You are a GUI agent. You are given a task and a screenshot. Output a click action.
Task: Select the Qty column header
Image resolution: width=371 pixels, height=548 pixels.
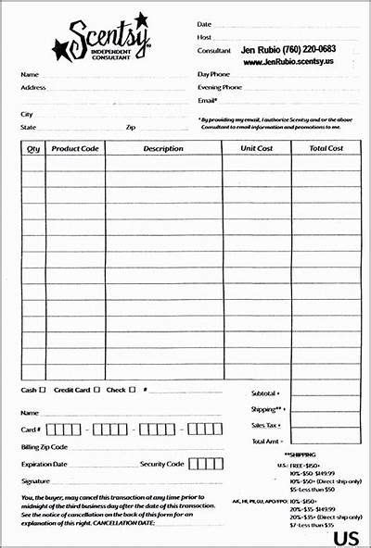click(x=33, y=148)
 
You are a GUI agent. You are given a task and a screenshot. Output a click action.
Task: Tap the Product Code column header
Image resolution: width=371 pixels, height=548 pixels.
click(x=75, y=148)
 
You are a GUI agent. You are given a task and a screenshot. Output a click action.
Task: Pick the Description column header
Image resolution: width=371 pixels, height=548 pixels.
click(x=163, y=148)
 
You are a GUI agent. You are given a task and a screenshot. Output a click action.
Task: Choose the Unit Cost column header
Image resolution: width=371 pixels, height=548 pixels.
click(x=256, y=148)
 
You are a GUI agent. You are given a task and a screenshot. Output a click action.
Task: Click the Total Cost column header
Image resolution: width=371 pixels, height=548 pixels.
click(x=326, y=148)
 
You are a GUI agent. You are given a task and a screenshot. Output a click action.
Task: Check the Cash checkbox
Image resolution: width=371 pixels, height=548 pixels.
click(x=43, y=390)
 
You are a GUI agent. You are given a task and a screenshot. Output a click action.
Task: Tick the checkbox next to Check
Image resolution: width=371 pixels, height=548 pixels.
click(x=133, y=390)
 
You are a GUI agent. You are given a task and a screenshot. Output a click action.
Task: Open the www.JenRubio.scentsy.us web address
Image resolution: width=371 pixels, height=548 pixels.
click(x=288, y=62)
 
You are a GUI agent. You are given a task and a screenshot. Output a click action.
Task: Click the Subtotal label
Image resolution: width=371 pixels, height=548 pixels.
click(x=264, y=393)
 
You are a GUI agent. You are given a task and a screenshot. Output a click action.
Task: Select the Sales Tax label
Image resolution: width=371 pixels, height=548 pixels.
click(x=265, y=425)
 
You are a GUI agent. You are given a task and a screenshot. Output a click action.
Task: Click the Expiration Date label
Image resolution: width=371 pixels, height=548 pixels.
click(x=44, y=464)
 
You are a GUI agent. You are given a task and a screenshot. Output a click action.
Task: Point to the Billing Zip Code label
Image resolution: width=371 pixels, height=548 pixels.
click(x=44, y=446)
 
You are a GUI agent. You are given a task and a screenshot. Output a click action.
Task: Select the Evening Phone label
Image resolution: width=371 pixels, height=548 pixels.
click(x=220, y=87)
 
